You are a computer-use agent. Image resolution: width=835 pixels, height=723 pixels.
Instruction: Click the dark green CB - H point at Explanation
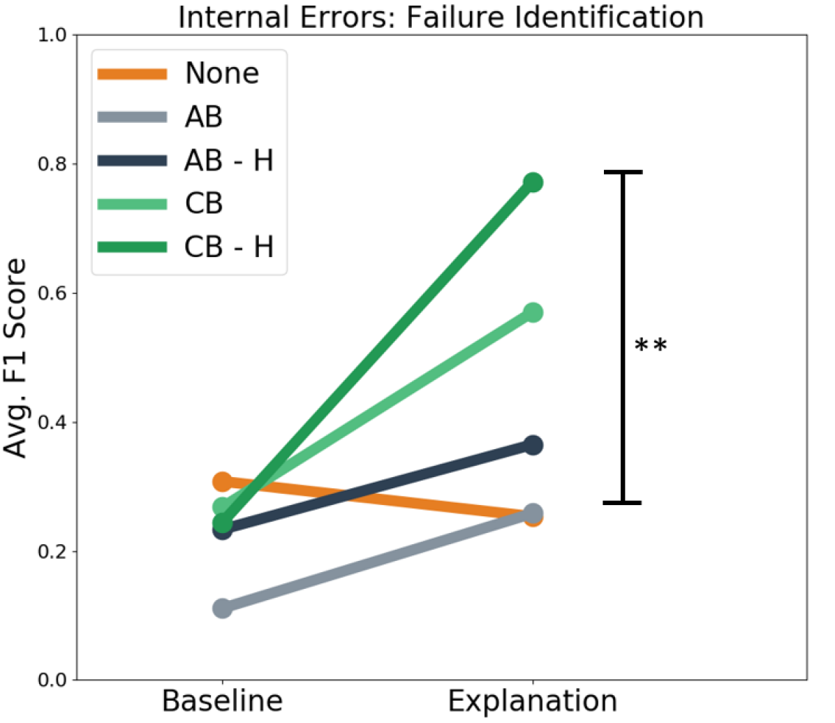[x=533, y=182]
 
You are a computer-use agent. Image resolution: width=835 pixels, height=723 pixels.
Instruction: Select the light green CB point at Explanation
[x=533, y=312]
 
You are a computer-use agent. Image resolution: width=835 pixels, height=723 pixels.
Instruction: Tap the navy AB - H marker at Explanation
[x=533, y=445]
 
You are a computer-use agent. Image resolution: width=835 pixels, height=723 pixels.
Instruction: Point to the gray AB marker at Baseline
[x=222, y=608]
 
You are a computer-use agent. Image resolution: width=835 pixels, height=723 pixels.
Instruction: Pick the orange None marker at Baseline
[x=222, y=481]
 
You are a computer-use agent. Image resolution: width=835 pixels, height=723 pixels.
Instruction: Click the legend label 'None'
[x=221, y=73]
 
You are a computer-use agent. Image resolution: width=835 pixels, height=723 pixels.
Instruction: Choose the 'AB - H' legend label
[x=228, y=161]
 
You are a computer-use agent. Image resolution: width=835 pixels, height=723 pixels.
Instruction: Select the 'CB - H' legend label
[x=228, y=247]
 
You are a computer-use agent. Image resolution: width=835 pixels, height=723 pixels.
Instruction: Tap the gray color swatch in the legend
[x=133, y=117]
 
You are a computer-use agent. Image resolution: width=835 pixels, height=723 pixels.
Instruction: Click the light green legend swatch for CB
[x=133, y=204]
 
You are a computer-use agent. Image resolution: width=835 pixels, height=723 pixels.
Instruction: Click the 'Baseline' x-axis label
[x=222, y=701]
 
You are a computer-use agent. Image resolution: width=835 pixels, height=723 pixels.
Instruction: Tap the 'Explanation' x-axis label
[x=533, y=701]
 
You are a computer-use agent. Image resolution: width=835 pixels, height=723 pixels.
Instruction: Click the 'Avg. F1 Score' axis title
[x=15, y=358]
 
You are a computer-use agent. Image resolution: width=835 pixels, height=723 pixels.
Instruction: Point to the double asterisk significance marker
[x=651, y=346]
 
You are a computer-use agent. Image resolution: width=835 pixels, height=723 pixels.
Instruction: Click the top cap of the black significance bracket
[x=622, y=172]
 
